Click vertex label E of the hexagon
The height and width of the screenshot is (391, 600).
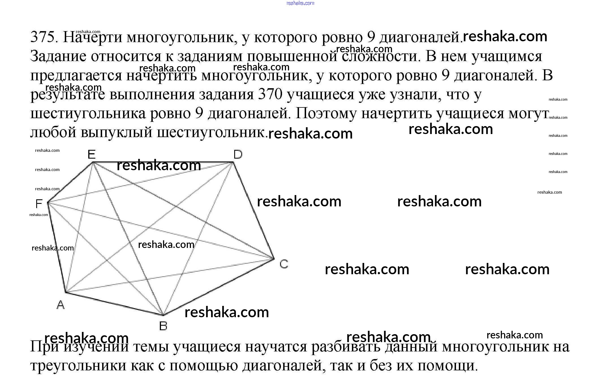pyautogui.click(x=91, y=154)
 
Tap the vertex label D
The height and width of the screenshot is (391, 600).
pyautogui.click(x=238, y=154)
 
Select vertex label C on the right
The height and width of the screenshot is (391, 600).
pyautogui.click(x=284, y=264)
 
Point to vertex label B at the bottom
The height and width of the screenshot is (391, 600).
pyautogui.click(x=163, y=326)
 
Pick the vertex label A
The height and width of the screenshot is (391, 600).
pyautogui.click(x=61, y=305)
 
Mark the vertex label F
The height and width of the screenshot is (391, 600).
pyautogui.click(x=39, y=204)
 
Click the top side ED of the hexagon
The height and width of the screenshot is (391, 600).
pyautogui.click(x=215, y=162)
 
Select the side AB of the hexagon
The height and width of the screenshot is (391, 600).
pyautogui.click(x=113, y=304)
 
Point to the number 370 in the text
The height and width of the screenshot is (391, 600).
pyautogui.click(x=270, y=94)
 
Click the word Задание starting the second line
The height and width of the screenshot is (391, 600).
pyautogui.click(x=58, y=56)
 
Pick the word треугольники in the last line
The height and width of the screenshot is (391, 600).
pyautogui.click(x=78, y=366)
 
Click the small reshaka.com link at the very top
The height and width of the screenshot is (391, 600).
pyautogui.click(x=300, y=3)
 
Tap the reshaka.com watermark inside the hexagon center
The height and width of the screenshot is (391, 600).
pyautogui.click(x=166, y=245)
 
